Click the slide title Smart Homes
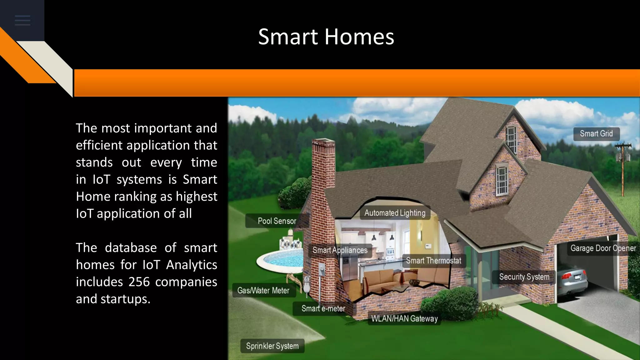coord(326,37)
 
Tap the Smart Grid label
coord(596,134)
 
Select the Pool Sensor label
coord(277,221)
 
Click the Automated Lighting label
coord(395,213)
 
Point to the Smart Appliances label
coord(340,250)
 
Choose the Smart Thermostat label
coord(433,261)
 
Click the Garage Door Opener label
coord(603,248)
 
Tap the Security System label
coord(524,277)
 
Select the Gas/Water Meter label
coord(263,291)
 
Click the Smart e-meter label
coord(323,309)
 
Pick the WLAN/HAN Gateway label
coord(404,319)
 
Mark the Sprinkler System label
coord(272,346)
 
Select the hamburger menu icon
coord(22,21)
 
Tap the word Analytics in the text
coord(191,265)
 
